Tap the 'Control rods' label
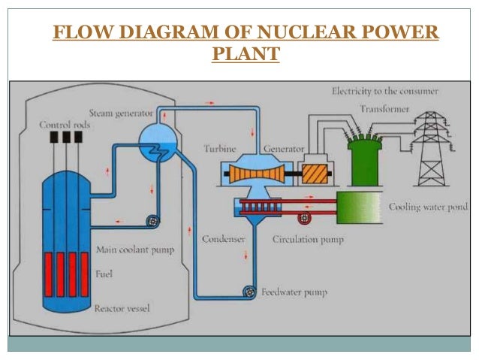(65, 125)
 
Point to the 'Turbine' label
(220, 148)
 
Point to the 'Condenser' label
(222, 240)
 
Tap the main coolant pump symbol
(152, 220)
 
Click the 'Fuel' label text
(105, 274)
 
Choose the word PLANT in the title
(246, 56)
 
